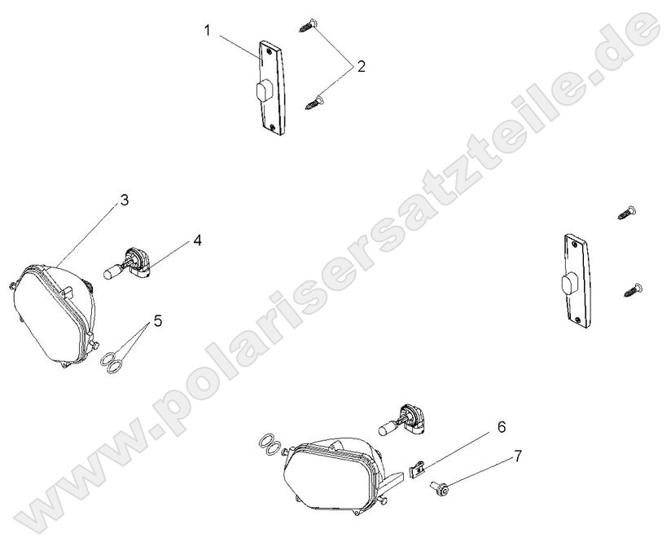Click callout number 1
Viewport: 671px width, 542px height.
tap(208, 31)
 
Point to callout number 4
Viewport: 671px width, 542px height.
tap(197, 240)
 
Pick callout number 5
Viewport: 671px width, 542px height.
tap(158, 320)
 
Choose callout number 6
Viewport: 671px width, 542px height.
tap(501, 426)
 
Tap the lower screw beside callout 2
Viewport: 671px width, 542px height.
tap(315, 102)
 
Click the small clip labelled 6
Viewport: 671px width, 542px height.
tap(417, 468)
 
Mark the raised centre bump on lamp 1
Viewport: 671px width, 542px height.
tap(263, 90)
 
